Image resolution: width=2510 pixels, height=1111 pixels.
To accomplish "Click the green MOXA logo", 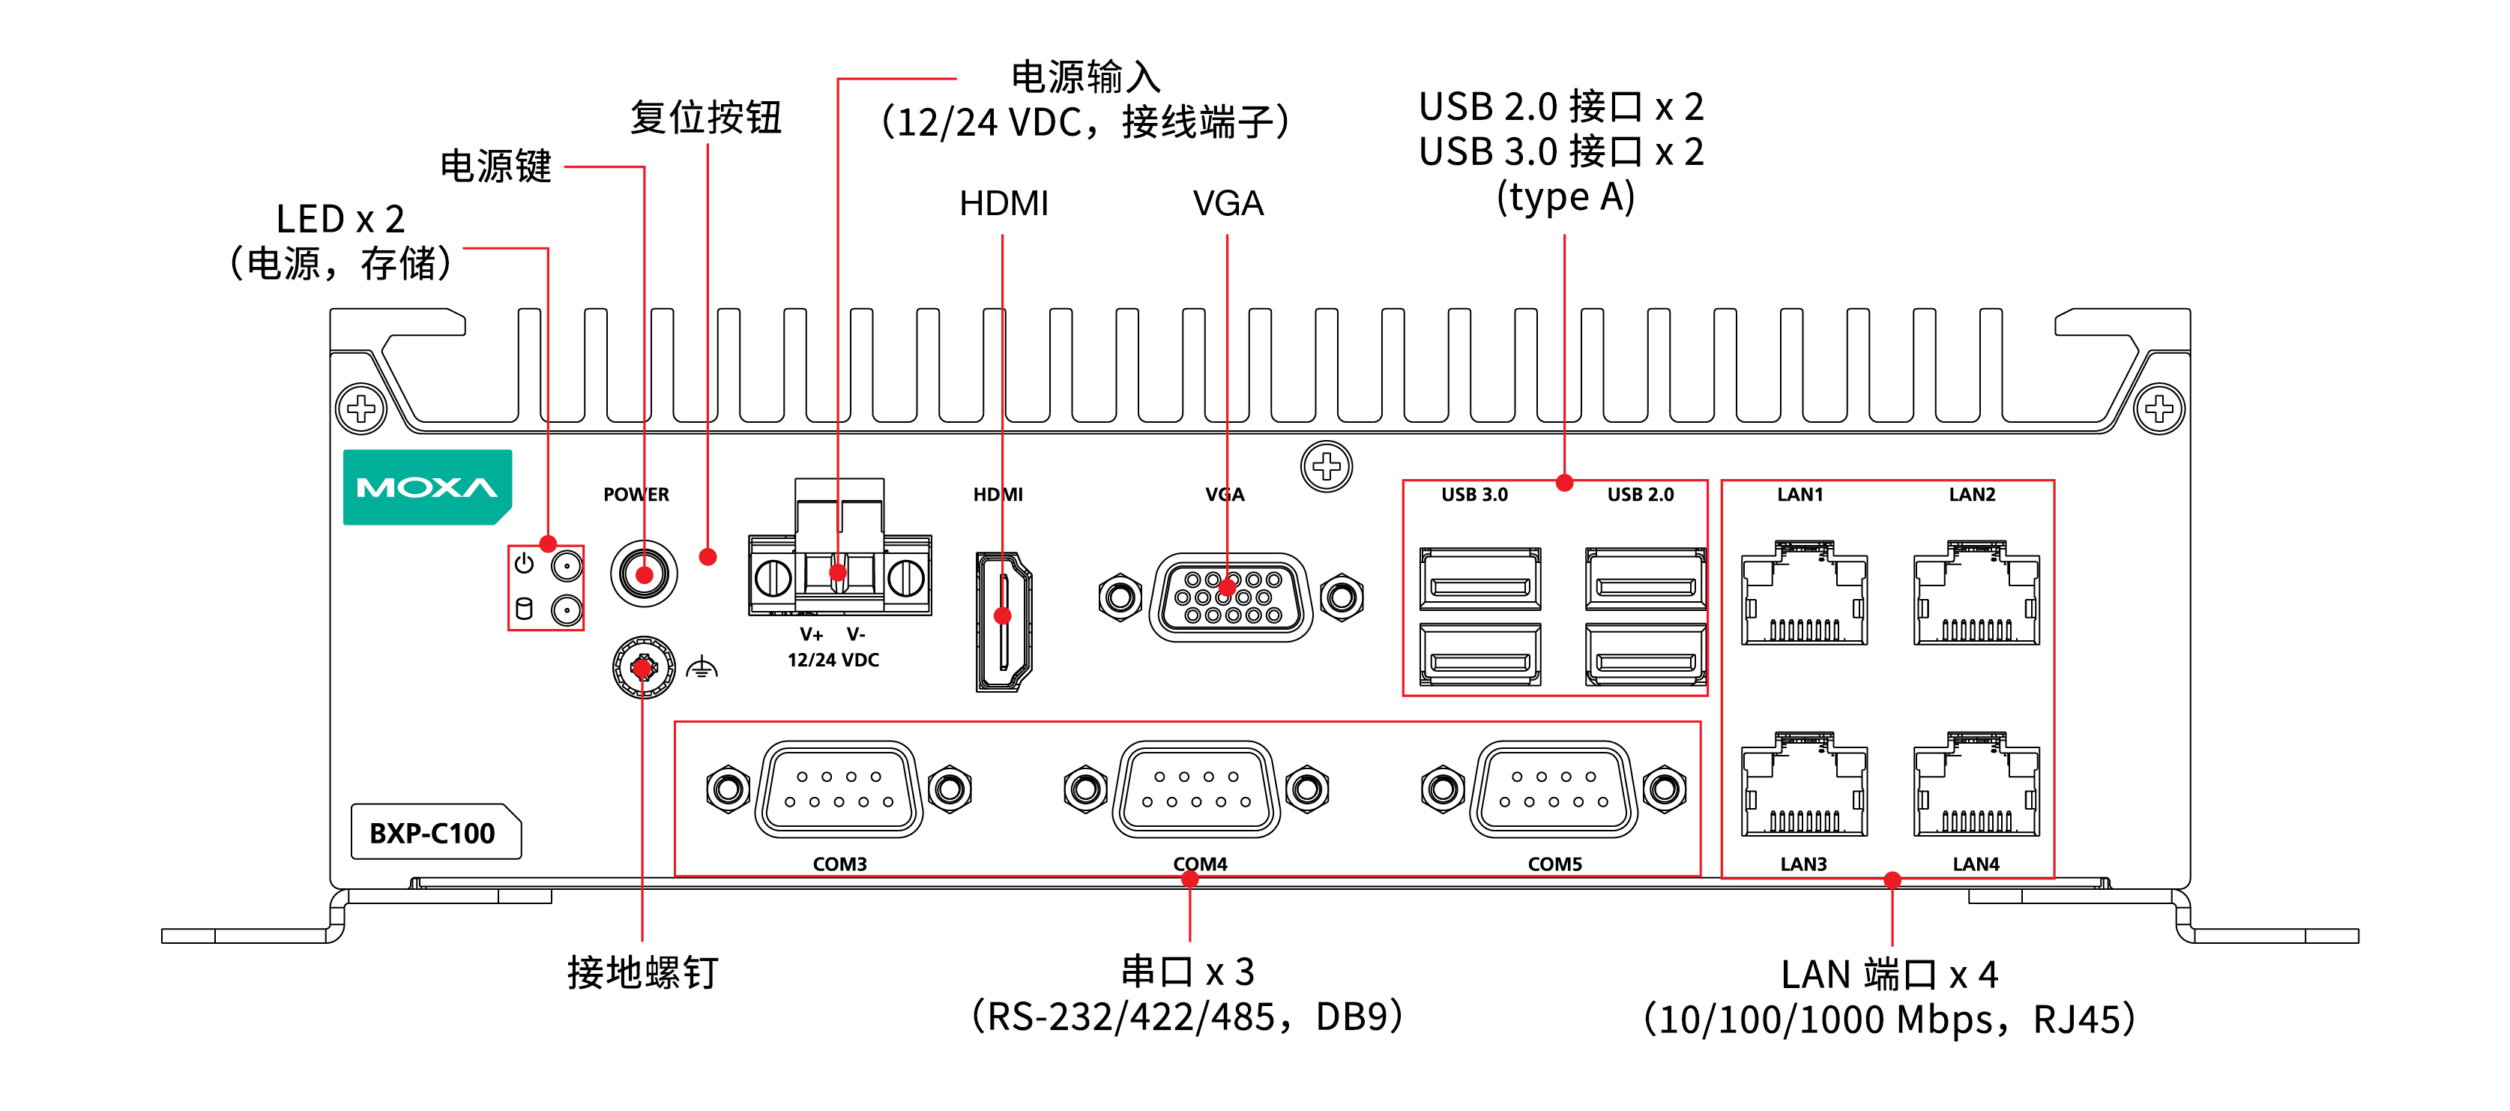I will tap(426, 487).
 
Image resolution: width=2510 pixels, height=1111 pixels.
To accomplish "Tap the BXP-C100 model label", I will tap(432, 834).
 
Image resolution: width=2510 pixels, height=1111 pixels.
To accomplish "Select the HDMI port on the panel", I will tap(1004, 621).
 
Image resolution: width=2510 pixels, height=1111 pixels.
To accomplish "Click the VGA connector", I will tap(1231, 597).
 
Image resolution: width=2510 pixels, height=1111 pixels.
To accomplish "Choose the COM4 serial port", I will tap(1196, 789).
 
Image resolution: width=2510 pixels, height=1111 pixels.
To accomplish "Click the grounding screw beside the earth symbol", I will tap(643, 667).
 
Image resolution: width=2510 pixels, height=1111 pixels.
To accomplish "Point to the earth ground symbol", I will tap(702, 669).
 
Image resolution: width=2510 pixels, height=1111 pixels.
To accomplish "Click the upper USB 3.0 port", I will tap(1480, 579).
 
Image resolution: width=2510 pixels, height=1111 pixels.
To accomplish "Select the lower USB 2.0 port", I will tap(1646, 655).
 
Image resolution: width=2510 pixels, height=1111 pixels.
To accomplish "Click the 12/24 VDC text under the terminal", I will tap(833, 660).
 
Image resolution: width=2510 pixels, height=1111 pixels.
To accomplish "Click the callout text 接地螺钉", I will tap(643, 972).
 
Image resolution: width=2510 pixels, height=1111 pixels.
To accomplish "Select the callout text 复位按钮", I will tap(707, 118).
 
